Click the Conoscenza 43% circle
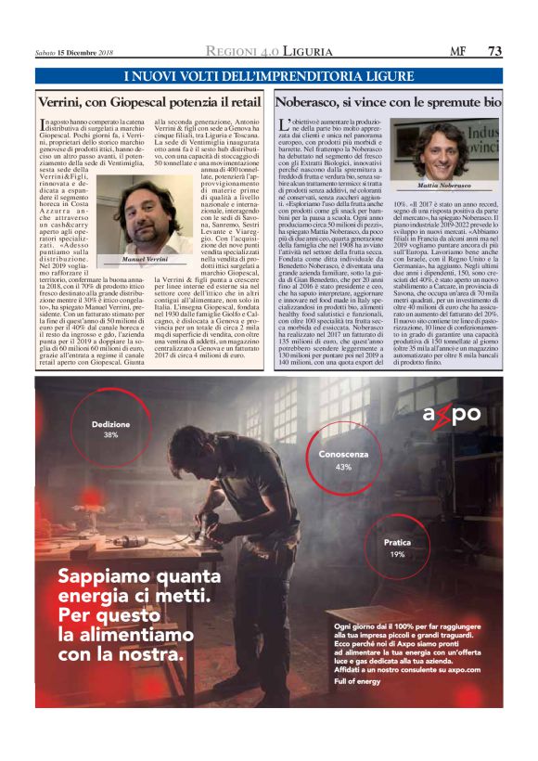(342, 461)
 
